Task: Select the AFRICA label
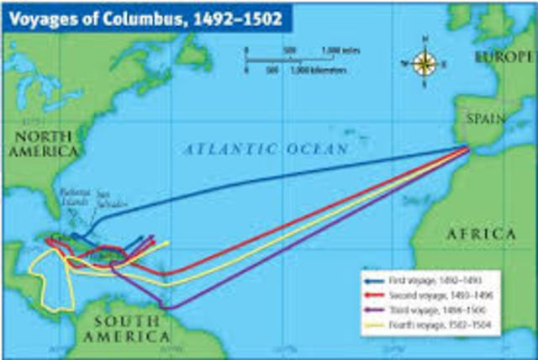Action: coord(480,233)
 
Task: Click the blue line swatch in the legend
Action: coord(375,278)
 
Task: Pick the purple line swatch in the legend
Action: coord(375,310)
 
